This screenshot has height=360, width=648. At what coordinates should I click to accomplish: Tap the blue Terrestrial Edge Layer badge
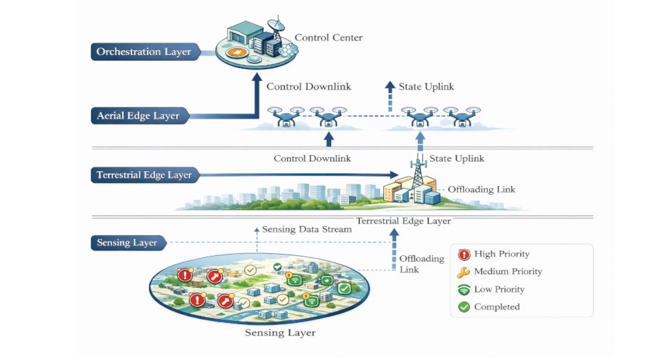[x=144, y=175]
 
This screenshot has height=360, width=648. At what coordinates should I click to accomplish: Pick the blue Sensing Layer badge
[x=127, y=243]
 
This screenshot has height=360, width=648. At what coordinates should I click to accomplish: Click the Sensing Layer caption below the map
[x=280, y=333]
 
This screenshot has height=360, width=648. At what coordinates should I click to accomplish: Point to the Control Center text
[x=329, y=38]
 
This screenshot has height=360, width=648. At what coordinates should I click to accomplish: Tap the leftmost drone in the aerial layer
[x=284, y=116]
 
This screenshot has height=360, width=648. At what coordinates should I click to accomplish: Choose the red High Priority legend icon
[x=464, y=255]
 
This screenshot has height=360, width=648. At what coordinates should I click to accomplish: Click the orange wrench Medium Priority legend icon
[x=464, y=272]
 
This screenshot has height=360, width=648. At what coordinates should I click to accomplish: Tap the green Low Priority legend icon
[x=464, y=289]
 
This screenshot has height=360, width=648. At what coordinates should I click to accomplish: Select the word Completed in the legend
[x=497, y=307]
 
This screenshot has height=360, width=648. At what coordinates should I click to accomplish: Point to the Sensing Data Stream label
[x=307, y=230]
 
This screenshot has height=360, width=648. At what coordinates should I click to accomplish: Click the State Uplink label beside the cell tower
[x=457, y=158]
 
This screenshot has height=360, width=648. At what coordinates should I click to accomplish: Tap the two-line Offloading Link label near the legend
[x=421, y=264]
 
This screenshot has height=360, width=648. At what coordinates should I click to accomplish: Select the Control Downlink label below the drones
[x=312, y=158]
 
